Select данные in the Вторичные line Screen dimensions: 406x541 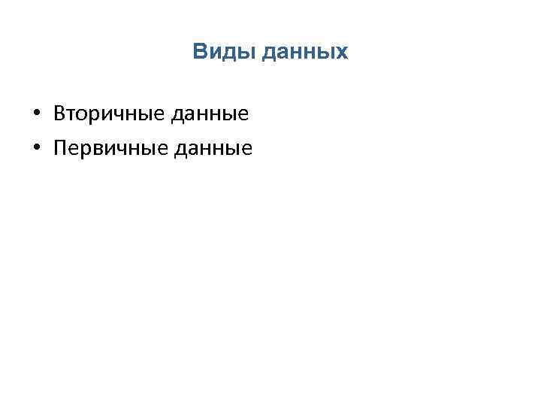click(x=210, y=114)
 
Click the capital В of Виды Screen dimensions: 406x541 click(x=199, y=53)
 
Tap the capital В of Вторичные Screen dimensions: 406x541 click(x=59, y=114)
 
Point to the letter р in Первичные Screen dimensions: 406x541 click(x=85, y=150)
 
